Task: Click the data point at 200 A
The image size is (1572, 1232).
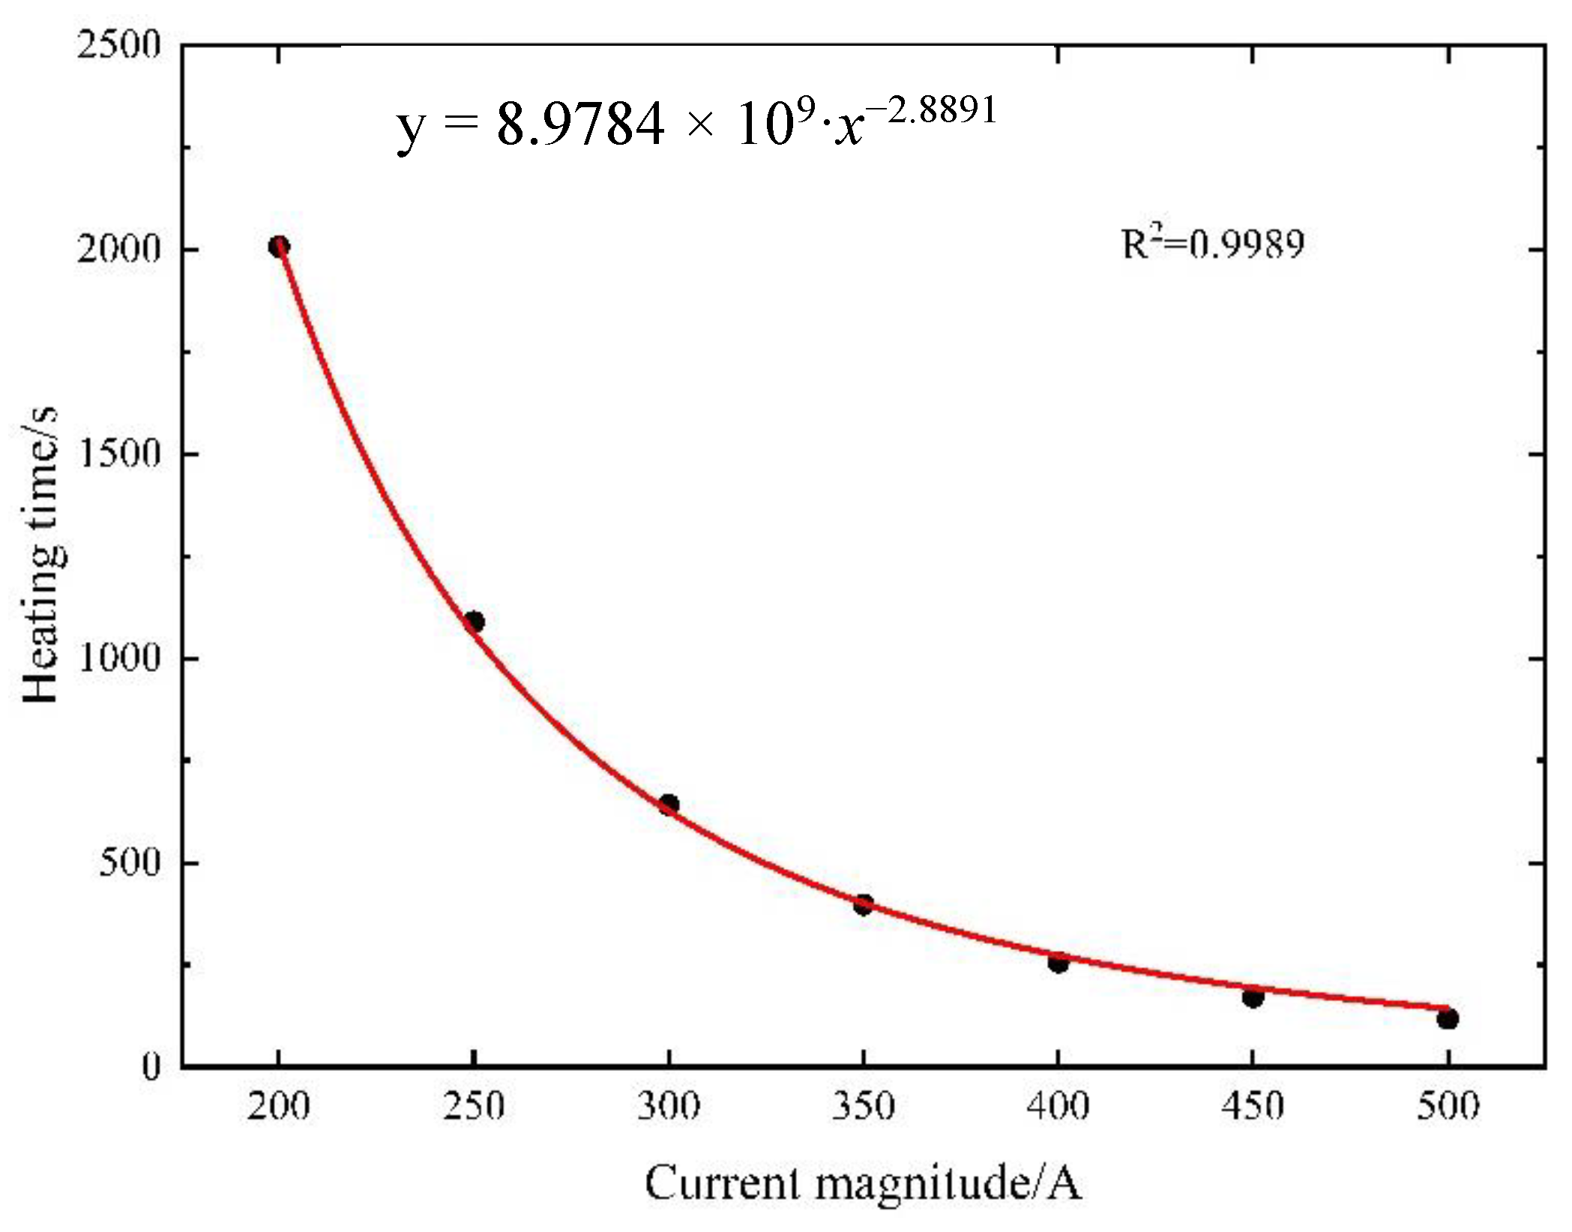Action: click(x=279, y=247)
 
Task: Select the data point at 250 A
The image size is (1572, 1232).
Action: click(x=474, y=622)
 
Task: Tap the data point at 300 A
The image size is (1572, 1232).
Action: click(x=669, y=805)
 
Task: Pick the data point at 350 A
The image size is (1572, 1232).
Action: click(x=864, y=904)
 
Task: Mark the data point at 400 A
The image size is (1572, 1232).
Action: click(x=1058, y=963)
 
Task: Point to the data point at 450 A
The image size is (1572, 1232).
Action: click(x=1253, y=997)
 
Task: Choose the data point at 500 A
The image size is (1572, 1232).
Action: click(x=1448, y=1018)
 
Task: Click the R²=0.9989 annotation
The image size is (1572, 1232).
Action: click(x=1212, y=244)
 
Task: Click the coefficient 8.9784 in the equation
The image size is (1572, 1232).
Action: click(x=580, y=124)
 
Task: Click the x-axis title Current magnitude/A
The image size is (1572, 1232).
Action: click(x=862, y=1184)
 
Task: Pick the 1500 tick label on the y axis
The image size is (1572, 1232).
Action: click(x=118, y=454)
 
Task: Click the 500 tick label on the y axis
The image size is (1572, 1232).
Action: click(x=130, y=862)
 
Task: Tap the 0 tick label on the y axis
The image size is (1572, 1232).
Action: click(x=151, y=1066)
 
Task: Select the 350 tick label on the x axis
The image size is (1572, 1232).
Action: click(x=864, y=1107)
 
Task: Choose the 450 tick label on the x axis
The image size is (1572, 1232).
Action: click(x=1253, y=1107)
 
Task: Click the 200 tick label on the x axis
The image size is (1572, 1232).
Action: click(x=279, y=1107)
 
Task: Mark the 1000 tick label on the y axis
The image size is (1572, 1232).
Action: click(x=118, y=658)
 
